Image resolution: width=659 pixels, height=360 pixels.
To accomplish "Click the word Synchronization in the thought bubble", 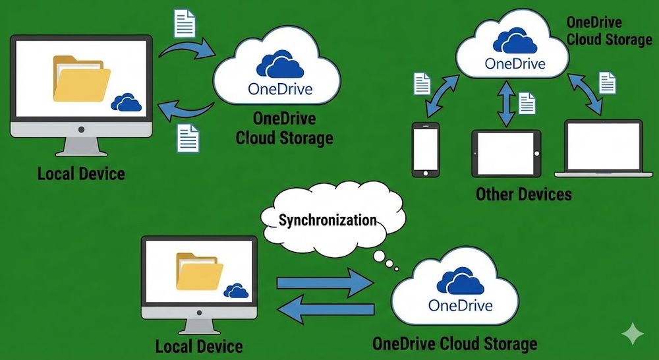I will click(328, 220).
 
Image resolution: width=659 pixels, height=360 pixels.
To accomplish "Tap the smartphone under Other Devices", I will click(425, 150).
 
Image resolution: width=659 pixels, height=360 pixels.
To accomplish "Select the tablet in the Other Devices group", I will click(506, 152).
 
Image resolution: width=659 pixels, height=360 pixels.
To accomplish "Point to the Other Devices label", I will click(523, 195).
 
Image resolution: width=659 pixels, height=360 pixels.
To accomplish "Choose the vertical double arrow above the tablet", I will click(506, 104).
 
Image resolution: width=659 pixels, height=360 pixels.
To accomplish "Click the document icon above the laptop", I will click(607, 82).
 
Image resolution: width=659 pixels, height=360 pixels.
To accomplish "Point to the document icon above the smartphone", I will click(422, 84).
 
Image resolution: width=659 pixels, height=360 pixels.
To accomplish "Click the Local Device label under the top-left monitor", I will click(81, 174).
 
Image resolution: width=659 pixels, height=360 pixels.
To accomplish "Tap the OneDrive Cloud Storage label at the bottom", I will click(454, 344).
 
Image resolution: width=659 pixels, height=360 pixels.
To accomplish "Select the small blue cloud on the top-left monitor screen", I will click(126, 102).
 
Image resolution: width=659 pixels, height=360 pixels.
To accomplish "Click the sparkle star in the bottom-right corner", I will click(633, 334).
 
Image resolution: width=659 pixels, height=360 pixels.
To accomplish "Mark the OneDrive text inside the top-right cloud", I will click(515, 64).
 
